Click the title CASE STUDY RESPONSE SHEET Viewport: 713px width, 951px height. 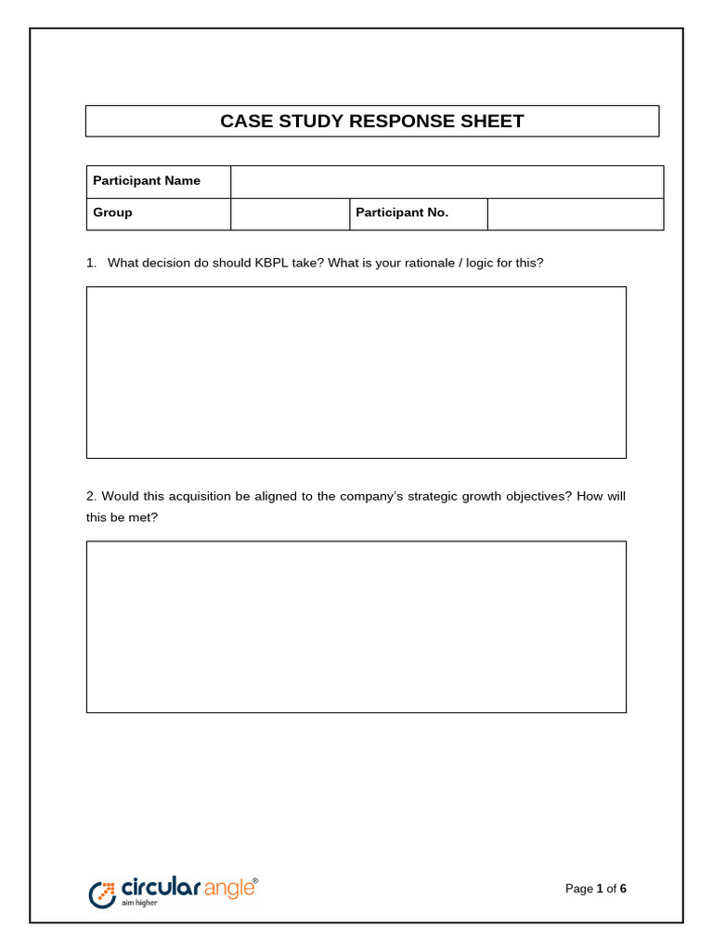(371, 122)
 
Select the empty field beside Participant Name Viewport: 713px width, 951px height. (447, 181)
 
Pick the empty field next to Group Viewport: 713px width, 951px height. (290, 214)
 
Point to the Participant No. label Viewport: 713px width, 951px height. (402, 213)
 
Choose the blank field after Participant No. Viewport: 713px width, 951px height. (575, 214)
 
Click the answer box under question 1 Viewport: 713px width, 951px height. (356, 371)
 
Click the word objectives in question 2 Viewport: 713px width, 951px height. (538, 497)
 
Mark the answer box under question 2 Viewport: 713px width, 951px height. (356, 627)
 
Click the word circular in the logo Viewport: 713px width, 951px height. (160, 888)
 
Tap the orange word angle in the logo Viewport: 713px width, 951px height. (227, 889)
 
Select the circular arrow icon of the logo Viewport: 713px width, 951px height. (101, 893)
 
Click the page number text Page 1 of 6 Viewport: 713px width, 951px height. (596, 889)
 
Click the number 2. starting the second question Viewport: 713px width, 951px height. (91, 497)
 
